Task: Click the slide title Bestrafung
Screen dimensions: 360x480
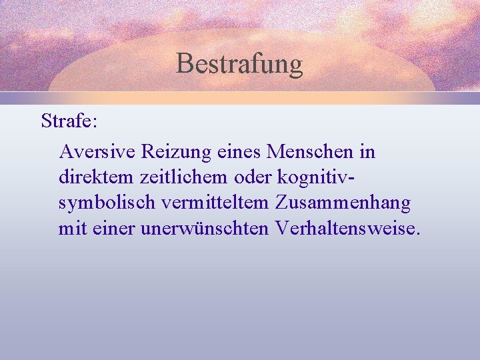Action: point(239,64)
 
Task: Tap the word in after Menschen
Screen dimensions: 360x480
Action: point(367,152)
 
